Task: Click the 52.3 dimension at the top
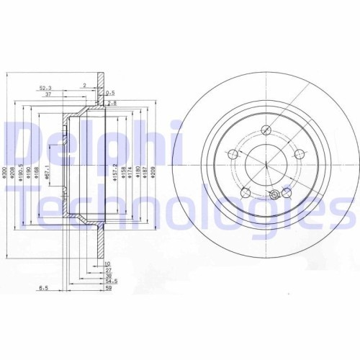tap(45, 88)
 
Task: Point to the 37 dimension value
tap(48, 94)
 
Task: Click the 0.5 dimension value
tap(111, 93)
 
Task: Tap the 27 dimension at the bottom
tap(108, 269)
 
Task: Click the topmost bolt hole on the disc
tap(266, 130)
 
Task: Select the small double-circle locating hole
tap(274, 195)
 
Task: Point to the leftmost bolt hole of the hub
tap(233, 153)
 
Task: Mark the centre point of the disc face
tap(266, 164)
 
